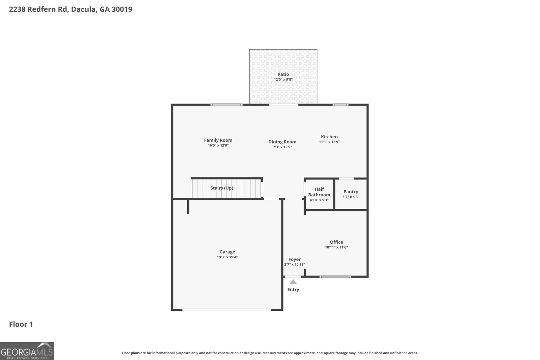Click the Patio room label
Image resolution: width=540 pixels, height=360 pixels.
(283, 74)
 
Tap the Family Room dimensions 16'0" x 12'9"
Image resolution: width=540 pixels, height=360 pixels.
(218, 145)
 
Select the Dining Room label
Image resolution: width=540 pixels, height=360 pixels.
(282, 142)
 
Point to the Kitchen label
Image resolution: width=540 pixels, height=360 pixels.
(329, 137)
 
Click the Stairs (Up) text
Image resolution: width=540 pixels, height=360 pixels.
(222, 188)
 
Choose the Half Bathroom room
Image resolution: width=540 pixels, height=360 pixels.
(319, 194)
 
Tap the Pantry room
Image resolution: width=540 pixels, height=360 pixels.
(351, 194)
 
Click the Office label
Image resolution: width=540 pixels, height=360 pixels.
(336, 242)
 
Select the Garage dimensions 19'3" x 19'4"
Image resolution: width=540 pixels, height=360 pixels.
(227, 257)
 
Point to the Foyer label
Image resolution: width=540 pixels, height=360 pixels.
(294, 259)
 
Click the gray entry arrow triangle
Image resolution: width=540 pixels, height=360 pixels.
(293, 282)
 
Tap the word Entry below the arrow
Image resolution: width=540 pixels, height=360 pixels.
(293, 289)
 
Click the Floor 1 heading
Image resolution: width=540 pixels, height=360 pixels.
(21, 324)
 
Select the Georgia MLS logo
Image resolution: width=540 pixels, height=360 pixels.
(27, 351)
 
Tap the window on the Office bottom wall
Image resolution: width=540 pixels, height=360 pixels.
(335, 277)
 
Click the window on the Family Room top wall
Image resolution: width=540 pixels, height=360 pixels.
(226, 105)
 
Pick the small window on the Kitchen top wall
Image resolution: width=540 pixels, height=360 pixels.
(340, 105)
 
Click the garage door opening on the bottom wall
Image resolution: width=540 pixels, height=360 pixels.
(226, 309)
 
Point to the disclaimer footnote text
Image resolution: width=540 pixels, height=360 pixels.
(270, 353)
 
